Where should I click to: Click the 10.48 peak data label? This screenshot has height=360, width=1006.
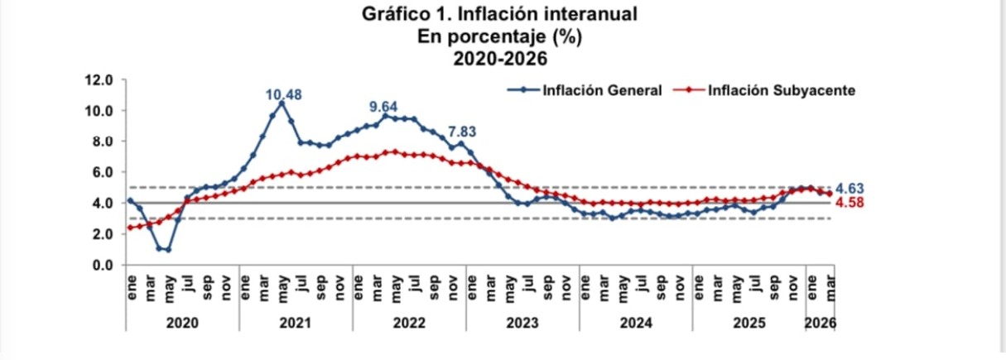pyautogui.click(x=283, y=94)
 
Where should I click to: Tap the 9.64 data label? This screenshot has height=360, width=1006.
pyautogui.click(x=383, y=107)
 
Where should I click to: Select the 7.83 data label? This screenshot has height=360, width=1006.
pyautogui.click(x=462, y=132)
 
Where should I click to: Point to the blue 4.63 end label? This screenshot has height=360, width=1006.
pyautogui.click(x=850, y=189)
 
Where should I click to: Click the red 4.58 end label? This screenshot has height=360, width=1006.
pyautogui.click(x=850, y=203)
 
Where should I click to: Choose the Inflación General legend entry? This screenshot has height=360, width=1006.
pyautogui.click(x=585, y=90)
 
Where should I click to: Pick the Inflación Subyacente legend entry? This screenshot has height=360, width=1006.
pyautogui.click(x=764, y=90)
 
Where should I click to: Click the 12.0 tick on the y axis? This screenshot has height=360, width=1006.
pyautogui.click(x=99, y=80)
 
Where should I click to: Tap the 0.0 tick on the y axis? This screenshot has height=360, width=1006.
pyautogui.click(x=103, y=266)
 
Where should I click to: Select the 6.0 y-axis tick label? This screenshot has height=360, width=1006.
pyautogui.click(x=103, y=172)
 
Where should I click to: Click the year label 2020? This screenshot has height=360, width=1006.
pyautogui.click(x=182, y=323)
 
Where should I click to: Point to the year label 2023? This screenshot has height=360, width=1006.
pyautogui.click(x=522, y=323)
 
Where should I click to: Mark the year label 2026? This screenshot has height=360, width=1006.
pyautogui.click(x=820, y=323)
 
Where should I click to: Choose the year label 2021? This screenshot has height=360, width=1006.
pyautogui.click(x=295, y=323)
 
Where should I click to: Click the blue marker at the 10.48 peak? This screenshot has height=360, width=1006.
pyautogui.click(x=282, y=103)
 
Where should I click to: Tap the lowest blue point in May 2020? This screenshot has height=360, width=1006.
pyautogui.click(x=168, y=250)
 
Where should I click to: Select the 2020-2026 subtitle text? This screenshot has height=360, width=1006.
pyautogui.click(x=500, y=59)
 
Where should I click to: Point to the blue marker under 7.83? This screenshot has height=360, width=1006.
pyautogui.click(x=461, y=144)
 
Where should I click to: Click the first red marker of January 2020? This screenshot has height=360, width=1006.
pyautogui.click(x=130, y=228)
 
